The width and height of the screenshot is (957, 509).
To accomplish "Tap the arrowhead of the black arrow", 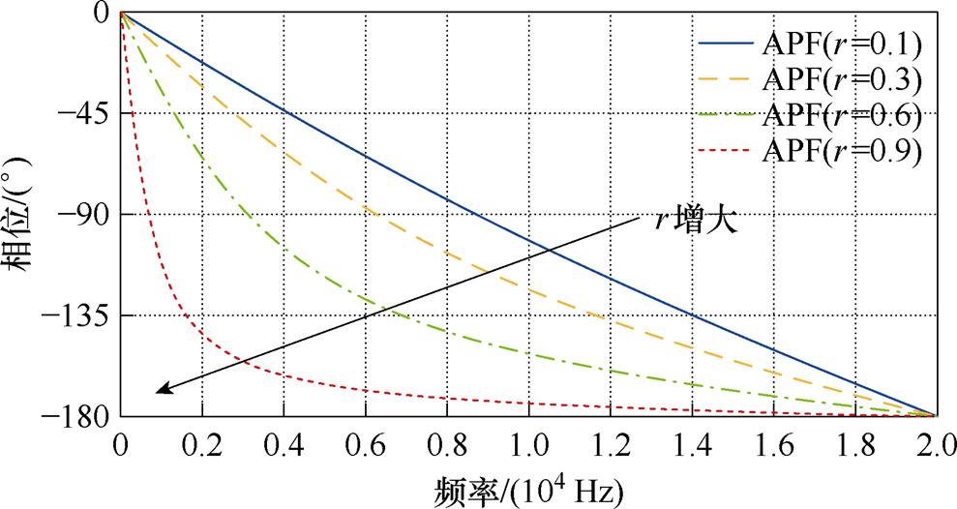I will pyautogui.click(x=161, y=390).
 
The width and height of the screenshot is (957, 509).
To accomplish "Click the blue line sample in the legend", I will pyautogui.click(x=725, y=45).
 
